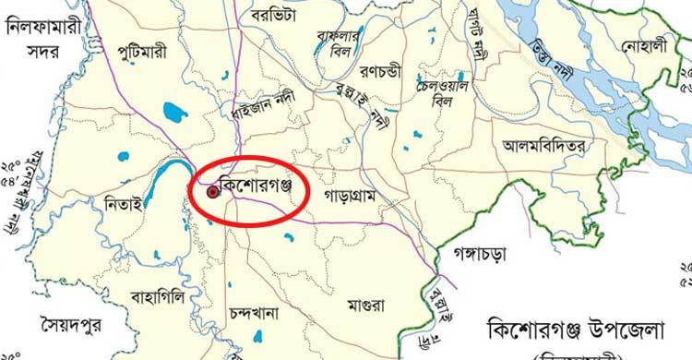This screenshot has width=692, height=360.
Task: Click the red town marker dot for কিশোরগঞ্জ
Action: [213, 193]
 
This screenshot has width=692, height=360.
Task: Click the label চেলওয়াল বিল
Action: [433, 92]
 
